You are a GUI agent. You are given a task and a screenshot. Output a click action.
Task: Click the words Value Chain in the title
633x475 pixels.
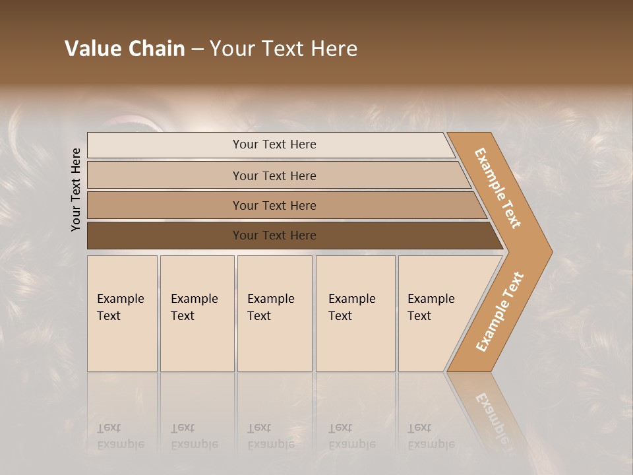[x=125, y=49]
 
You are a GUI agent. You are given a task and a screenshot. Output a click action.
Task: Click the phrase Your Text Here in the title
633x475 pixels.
[x=284, y=49]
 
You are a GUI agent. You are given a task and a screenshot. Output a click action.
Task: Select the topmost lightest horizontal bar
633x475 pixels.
[x=165, y=145]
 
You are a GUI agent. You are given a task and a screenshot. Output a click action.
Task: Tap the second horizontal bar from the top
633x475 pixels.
[x=165, y=175]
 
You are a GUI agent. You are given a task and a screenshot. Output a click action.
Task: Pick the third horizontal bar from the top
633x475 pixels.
[x=165, y=205]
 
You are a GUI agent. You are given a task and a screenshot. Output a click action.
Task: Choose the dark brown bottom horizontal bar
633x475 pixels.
[x=165, y=236]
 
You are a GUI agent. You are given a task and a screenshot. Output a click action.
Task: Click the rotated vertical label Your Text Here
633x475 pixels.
[x=76, y=189]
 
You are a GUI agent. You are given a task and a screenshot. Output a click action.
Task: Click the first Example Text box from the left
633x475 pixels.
[x=122, y=313]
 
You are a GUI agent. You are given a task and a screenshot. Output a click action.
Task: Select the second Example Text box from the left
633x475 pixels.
[x=197, y=313]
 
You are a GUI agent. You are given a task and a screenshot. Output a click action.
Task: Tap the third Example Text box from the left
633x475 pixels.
[x=274, y=313]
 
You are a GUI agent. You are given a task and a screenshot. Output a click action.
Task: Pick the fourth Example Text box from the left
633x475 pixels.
[x=355, y=313]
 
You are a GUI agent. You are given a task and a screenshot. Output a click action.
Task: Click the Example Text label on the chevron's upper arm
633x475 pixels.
[x=498, y=188]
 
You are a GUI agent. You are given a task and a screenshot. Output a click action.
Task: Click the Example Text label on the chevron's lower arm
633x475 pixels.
[x=499, y=312]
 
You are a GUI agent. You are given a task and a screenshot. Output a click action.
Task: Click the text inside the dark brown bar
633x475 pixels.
[x=274, y=236]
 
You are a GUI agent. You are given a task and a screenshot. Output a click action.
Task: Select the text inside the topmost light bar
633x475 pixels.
[x=274, y=144]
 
